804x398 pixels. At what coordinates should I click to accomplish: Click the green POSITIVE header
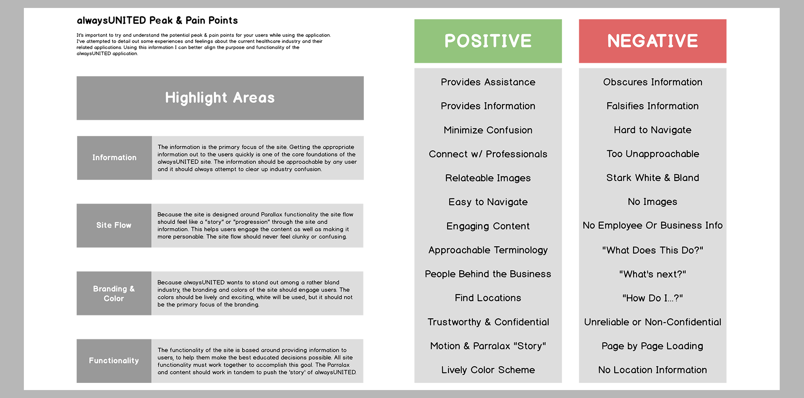click(x=488, y=41)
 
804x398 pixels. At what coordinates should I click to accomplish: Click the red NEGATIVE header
click(x=652, y=41)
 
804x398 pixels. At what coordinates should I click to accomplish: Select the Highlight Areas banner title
click(x=220, y=98)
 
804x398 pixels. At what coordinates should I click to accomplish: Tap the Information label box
click(x=114, y=158)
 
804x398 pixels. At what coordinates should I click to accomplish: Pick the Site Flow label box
click(x=114, y=225)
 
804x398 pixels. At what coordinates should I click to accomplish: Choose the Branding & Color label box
click(x=114, y=293)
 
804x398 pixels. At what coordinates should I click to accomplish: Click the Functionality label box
click(x=114, y=361)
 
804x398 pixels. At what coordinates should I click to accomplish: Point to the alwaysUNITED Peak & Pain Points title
click(x=157, y=21)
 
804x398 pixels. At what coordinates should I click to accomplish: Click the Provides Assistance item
click(x=488, y=82)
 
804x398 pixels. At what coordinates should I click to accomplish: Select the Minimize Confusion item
click(x=488, y=130)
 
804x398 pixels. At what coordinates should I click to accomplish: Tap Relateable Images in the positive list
click(x=488, y=178)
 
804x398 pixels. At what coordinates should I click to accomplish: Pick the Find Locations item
click(x=488, y=298)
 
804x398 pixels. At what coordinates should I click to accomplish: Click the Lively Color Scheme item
click(x=488, y=370)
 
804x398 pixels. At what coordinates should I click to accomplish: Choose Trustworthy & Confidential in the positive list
click(x=488, y=322)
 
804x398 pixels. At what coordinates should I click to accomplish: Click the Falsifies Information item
click(x=652, y=106)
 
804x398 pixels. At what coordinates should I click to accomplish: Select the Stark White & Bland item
click(x=652, y=178)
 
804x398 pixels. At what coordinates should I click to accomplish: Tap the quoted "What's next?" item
click(x=652, y=274)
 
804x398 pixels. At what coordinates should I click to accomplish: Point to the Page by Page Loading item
click(x=652, y=346)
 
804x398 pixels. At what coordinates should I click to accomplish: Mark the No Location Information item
click(x=652, y=370)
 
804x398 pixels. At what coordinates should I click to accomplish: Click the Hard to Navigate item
click(x=652, y=130)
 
